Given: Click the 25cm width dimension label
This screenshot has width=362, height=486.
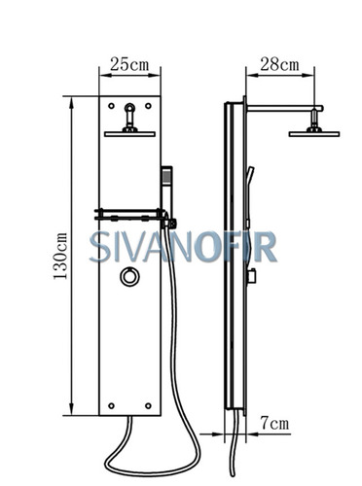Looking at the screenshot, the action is click(129, 64).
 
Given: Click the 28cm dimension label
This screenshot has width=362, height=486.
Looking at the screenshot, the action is click(279, 64).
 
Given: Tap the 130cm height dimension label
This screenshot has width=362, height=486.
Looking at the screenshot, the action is click(60, 256).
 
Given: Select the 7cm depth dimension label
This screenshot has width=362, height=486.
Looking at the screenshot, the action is click(274, 424).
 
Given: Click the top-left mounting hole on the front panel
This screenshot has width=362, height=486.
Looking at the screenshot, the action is click(111, 106).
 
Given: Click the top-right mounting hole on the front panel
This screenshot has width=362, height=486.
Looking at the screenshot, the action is click(148, 106).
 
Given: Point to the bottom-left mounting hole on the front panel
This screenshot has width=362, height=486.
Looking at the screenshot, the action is click(111, 405).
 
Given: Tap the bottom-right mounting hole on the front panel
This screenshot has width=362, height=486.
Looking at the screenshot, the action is click(148, 405).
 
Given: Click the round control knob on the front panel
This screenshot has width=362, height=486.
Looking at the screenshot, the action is click(130, 277).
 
